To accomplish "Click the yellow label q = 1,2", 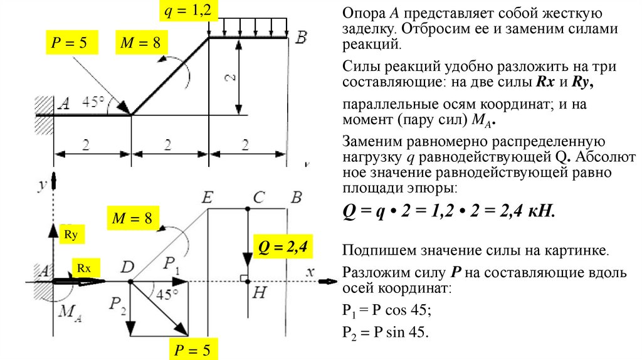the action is pos(184,10).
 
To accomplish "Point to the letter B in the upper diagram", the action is pos(301,39).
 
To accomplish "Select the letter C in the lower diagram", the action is pos(258,198).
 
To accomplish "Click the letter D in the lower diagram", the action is pos(128,267).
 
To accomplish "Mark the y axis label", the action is pos(42,184).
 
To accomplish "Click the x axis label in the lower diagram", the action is pos(309,271).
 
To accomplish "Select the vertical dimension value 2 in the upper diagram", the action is pos(231,78).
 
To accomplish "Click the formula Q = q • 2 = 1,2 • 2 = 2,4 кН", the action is pos(449,211).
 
